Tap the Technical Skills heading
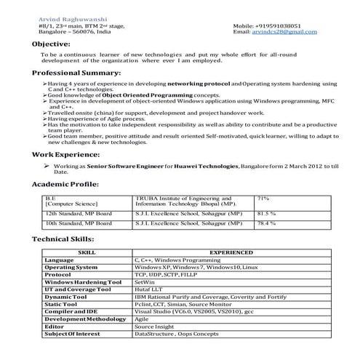tap(66, 239)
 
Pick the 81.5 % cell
tap(266, 214)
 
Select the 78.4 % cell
tap(266, 224)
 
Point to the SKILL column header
tap(86, 252)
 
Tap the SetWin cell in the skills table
tap(144, 282)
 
